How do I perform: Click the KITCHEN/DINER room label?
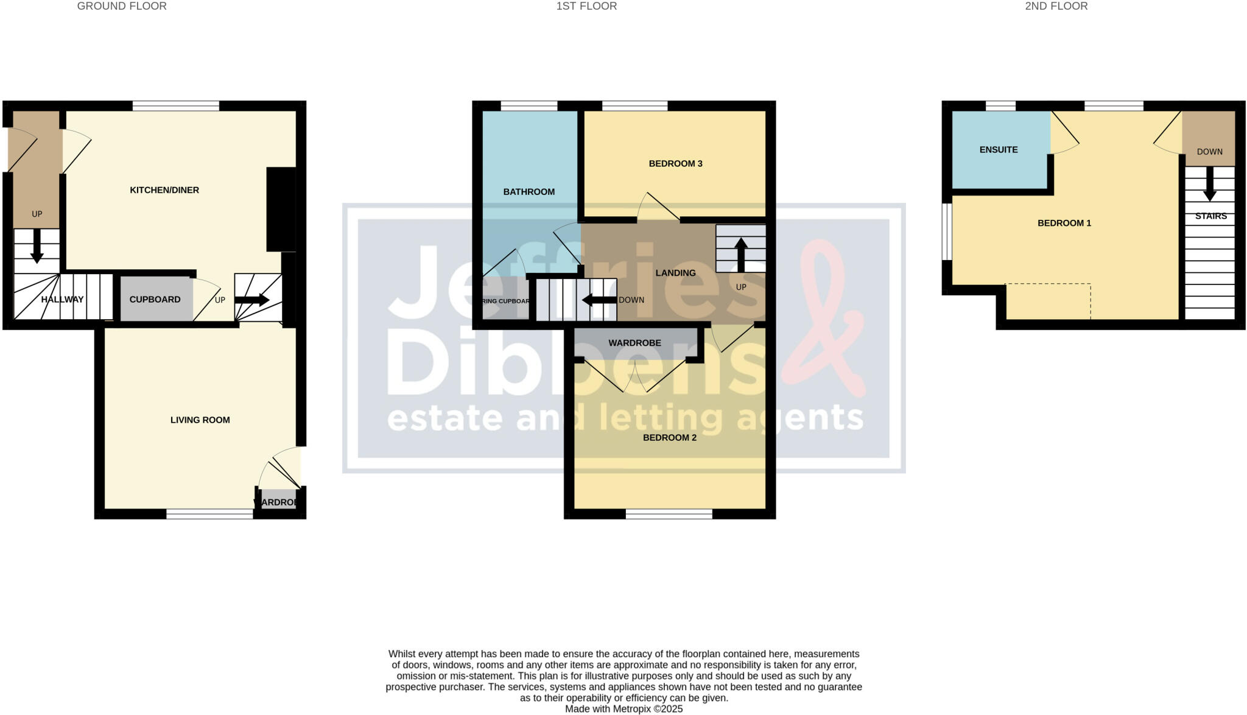coord(164,190)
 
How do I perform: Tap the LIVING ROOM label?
coord(200,420)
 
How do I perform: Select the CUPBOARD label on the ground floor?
coord(155,300)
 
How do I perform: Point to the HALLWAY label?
coord(62,300)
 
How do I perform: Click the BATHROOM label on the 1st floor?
coord(529,192)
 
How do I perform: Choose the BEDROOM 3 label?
coord(675,164)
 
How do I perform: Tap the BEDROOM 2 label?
coord(669,437)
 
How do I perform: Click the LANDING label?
coord(675,273)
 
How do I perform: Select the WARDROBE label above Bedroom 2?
coord(634,343)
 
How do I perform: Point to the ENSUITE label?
coord(998,150)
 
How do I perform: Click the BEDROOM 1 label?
coord(1064,223)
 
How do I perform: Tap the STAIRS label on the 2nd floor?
coord(1210,216)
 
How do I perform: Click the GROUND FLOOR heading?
coord(122,6)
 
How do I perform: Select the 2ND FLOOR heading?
coord(1056,6)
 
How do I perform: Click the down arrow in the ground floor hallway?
coord(37,246)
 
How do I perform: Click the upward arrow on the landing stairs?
coord(740,255)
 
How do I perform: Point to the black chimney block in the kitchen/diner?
coord(281,209)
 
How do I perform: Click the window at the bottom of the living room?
coord(209,515)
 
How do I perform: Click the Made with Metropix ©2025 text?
coord(623,709)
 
